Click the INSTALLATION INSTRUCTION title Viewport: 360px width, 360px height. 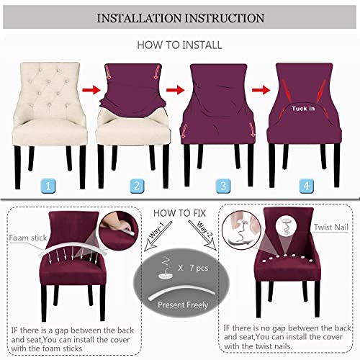180,17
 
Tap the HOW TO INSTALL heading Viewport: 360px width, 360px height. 180,45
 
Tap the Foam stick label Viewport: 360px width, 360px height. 27,236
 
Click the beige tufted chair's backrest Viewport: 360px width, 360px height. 48,90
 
